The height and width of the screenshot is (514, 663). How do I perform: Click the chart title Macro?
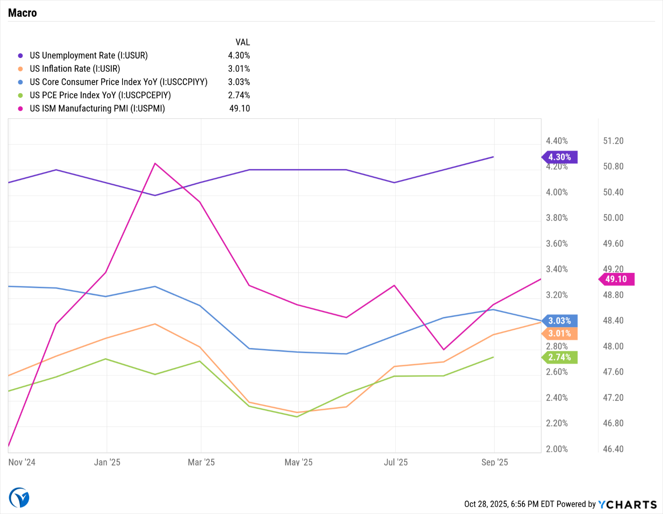(22, 13)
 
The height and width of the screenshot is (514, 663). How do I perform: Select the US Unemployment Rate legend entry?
(88, 56)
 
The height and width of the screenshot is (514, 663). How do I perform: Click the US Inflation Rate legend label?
(75, 69)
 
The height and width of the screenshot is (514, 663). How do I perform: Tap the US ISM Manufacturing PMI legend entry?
(97, 109)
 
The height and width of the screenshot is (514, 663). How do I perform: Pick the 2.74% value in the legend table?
(239, 95)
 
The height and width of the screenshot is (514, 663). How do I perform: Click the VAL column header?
(243, 42)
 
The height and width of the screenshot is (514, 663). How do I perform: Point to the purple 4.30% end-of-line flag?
(560, 157)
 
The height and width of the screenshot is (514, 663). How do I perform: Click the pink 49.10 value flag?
(616, 279)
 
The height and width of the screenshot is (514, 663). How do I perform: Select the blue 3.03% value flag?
(560, 321)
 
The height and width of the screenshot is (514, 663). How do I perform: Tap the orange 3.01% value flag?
(560, 334)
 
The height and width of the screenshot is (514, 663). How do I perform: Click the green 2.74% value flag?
(560, 358)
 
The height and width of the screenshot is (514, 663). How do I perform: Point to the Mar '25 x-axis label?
(201, 462)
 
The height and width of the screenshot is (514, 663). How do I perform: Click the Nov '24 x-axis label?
(22, 462)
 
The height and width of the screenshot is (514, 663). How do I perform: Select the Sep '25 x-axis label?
(495, 462)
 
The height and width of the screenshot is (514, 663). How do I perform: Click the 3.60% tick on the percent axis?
(557, 244)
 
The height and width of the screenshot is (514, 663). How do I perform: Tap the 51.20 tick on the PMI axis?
(613, 141)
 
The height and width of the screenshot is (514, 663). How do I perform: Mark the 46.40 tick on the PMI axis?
(613, 449)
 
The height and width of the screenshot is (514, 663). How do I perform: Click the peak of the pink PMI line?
(155, 163)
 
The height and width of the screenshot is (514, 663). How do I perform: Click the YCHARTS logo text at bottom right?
(627, 504)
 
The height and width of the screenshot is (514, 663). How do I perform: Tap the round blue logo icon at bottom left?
(19, 498)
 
